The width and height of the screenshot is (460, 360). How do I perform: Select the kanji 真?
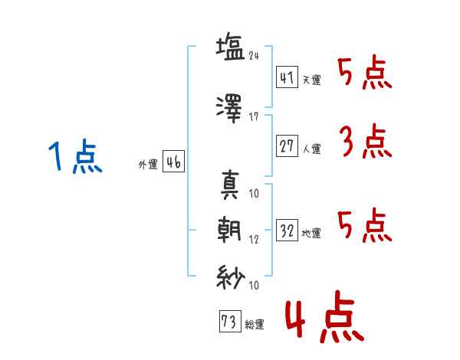pos(231,185)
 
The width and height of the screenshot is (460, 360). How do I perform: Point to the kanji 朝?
pos(231,231)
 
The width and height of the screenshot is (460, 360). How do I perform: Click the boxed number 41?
pos(286,77)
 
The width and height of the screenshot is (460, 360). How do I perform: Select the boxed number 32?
pos(287,230)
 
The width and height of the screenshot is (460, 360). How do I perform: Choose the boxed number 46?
pos(173,162)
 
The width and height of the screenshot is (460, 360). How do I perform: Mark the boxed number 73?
pos(229,321)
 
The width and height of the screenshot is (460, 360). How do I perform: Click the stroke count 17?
pos(255,118)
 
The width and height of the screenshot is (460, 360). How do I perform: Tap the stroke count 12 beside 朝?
pos(255,240)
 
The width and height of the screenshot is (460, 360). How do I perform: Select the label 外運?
pos(147,165)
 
